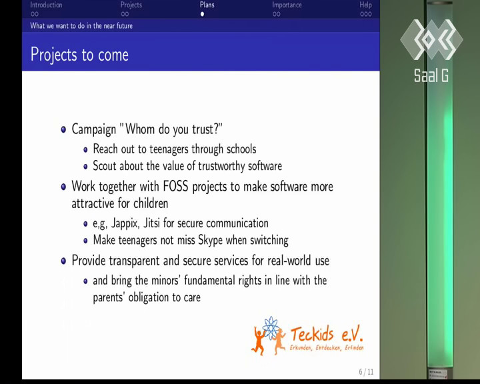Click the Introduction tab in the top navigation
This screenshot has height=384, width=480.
(46, 5)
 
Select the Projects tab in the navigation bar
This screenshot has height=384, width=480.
(131, 5)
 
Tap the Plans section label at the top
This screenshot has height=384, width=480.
(207, 5)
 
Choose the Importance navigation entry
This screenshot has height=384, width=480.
(287, 5)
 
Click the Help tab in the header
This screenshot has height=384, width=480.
(365, 5)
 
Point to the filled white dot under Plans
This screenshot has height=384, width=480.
(202, 14)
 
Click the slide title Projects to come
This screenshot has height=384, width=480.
(79, 55)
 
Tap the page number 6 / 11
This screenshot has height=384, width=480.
(366, 372)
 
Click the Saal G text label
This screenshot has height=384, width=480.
(431, 75)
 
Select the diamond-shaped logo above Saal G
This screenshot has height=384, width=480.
(431, 39)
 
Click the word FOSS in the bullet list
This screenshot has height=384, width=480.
(175, 186)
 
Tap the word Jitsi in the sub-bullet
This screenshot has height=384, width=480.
(151, 223)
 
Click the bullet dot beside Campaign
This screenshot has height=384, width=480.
(63, 129)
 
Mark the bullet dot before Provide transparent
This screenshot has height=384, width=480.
(63, 261)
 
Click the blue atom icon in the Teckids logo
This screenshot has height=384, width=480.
(271, 327)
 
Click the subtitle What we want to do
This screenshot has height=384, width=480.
(81, 26)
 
